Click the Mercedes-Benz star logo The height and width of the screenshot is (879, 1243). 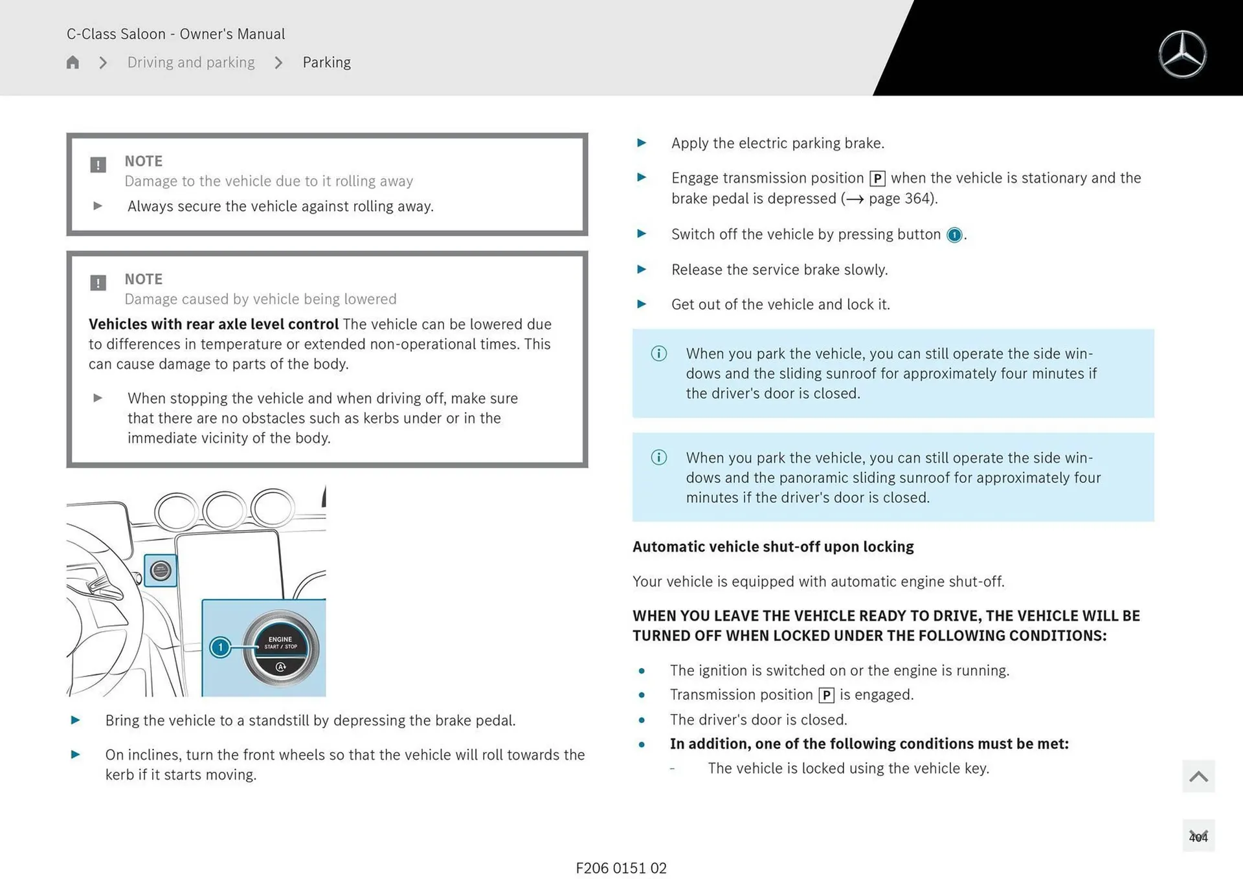1182,54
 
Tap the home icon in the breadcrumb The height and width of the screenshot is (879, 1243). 73,62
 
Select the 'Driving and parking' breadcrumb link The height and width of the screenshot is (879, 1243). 191,62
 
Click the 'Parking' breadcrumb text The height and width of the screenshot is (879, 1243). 326,62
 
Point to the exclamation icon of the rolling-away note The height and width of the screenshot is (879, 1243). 98,164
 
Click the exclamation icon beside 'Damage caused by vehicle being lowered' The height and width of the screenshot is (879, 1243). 98,283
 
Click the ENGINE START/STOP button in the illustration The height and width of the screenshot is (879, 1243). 281,647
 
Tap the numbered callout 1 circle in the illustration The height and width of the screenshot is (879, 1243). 220,647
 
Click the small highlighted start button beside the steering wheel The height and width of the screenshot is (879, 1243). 161,570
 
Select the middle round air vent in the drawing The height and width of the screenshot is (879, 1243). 224,509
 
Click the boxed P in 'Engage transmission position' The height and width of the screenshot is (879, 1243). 877,179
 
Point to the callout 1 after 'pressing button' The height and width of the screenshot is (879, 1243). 954,235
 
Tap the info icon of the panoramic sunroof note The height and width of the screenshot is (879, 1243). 658,458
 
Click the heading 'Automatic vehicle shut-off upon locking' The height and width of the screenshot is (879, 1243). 773,547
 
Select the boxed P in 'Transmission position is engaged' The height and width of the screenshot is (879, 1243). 826,695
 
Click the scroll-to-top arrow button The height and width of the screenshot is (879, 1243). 1198,776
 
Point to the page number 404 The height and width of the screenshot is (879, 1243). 1198,837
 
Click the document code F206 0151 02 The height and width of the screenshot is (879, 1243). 621,868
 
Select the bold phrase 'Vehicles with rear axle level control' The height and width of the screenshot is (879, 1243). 214,324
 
